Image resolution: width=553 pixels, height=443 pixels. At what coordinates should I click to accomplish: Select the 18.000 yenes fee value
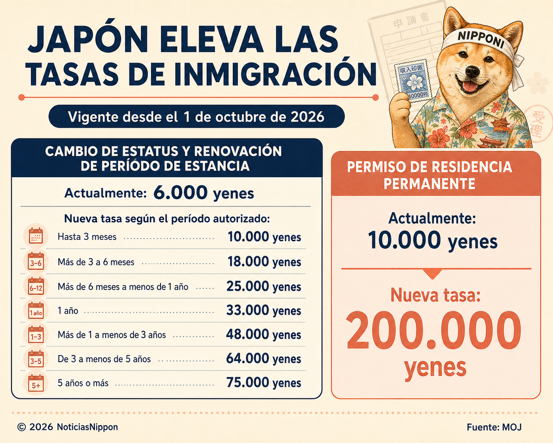264,262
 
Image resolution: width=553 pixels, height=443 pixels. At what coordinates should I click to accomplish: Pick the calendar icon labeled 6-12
36,286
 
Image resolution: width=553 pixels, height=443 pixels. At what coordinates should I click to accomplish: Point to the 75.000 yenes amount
263,383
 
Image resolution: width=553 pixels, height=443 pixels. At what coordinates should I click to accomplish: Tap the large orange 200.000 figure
434,330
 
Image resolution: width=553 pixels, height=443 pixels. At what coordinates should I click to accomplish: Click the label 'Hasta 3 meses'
87,237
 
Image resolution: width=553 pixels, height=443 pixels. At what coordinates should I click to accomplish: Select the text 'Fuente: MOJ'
494,427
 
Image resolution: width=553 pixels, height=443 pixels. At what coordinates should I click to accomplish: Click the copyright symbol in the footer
22,427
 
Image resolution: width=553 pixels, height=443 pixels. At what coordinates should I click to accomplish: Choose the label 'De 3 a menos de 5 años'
104,359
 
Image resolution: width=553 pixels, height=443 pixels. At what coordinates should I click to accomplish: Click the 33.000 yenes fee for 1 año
263,310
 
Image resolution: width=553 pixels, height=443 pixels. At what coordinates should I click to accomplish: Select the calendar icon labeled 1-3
36,335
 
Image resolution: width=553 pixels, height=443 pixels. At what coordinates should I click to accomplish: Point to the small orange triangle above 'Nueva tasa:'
432,274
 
